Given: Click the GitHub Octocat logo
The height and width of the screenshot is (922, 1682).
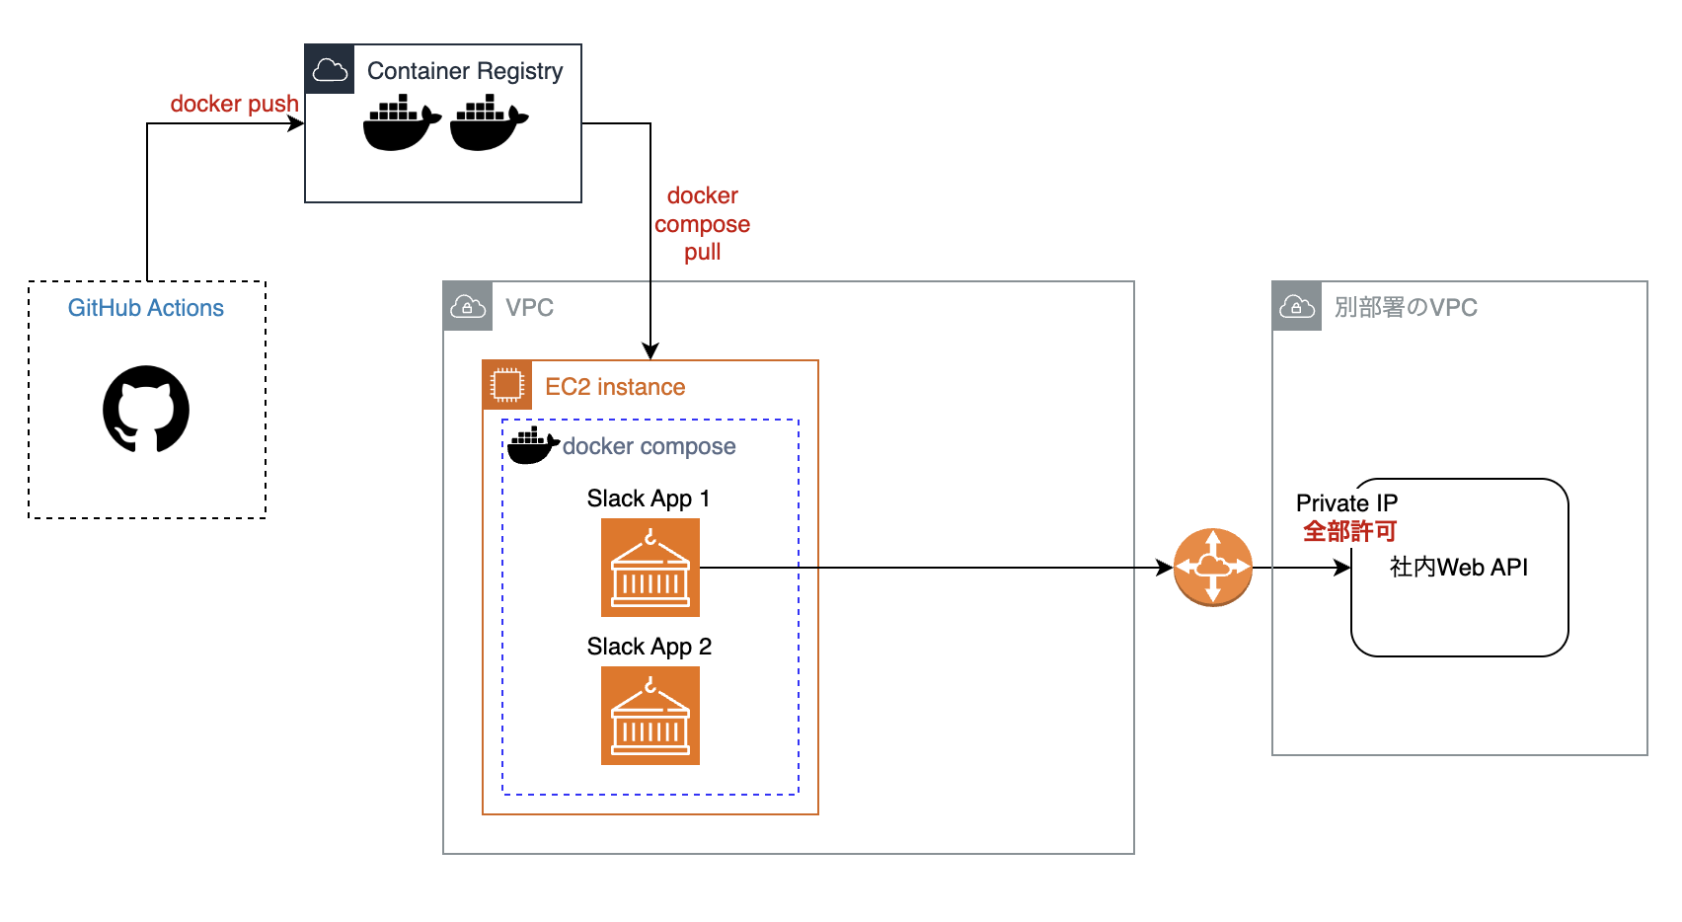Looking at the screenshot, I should pyautogui.click(x=146, y=409).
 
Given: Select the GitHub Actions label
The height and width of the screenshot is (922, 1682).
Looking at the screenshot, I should pyautogui.click(x=146, y=308).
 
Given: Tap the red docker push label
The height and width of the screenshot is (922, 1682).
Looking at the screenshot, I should pyautogui.click(x=234, y=104).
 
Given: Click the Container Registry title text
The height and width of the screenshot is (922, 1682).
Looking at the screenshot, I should pyautogui.click(x=465, y=71).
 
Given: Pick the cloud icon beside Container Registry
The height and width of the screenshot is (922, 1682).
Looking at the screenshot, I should pyautogui.click(x=330, y=70).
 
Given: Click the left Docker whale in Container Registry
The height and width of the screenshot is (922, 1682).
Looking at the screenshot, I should pyautogui.click(x=401, y=123).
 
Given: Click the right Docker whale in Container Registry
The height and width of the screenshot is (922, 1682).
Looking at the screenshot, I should pyautogui.click(x=489, y=123).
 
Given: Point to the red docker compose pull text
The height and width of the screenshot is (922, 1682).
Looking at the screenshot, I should pyautogui.click(x=702, y=224).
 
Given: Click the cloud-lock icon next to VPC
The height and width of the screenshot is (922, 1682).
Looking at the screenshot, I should pyautogui.click(x=468, y=307).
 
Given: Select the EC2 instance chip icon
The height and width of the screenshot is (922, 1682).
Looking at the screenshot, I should pyautogui.click(x=507, y=385).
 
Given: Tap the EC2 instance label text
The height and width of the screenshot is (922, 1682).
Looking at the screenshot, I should pyautogui.click(x=615, y=387).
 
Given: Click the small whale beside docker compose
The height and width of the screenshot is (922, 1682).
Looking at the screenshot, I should pyautogui.click(x=532, y=446).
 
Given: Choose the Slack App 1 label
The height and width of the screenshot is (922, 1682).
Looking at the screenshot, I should pyautogui.click(x=649, y=499).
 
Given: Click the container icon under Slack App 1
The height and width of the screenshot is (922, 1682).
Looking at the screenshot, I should pyautogui.click(x=650, y=568).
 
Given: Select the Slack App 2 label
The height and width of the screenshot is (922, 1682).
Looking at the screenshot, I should pyautogui.click(x=649, y=647).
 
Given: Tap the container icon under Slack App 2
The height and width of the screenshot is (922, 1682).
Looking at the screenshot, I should pyautogui.click(x=650, y=716).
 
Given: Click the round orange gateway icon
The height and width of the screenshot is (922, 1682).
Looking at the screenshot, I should pyautogui.click(x=1213, y=568).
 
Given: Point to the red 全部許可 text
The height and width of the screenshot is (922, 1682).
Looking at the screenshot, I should pyautogui.click(x=1349, y=532).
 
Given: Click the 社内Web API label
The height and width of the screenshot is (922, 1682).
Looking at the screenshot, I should pyautogui.click(x=1458, y=568).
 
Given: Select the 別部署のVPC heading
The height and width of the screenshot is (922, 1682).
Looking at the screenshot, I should pyautogui.click(x=1406, y=308).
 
